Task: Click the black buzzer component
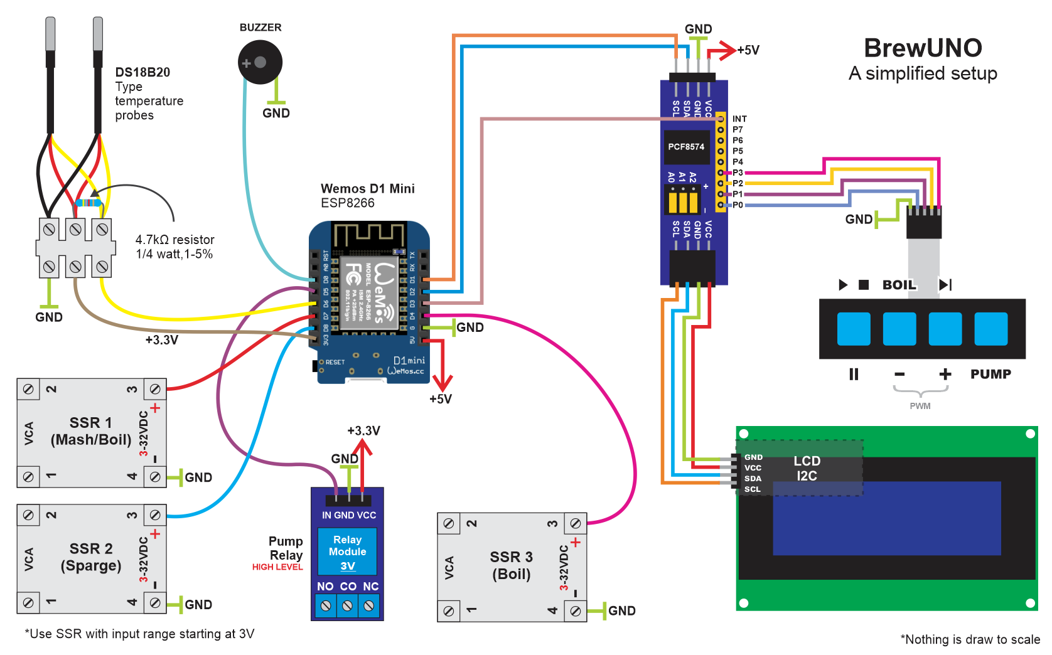(260, 62)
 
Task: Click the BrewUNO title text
(923, 48)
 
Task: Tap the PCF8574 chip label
(686, 147)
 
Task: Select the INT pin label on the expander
(739, 119)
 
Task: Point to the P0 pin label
(738, 205)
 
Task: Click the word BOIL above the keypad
(899, 285)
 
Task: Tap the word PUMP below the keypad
(990, 374)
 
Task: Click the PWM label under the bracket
(920, 406)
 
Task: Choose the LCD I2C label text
(807, 469)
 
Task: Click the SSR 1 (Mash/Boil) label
(91, 431)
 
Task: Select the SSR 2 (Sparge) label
(91, 557)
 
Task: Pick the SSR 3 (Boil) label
(511, 565)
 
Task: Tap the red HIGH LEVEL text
(277, 567)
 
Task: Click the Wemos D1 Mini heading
(367, 189)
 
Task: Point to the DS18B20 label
(142, 72)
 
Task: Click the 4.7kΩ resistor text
(174, 240)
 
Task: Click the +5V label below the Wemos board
(441, 399)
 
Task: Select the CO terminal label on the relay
(348, 586)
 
